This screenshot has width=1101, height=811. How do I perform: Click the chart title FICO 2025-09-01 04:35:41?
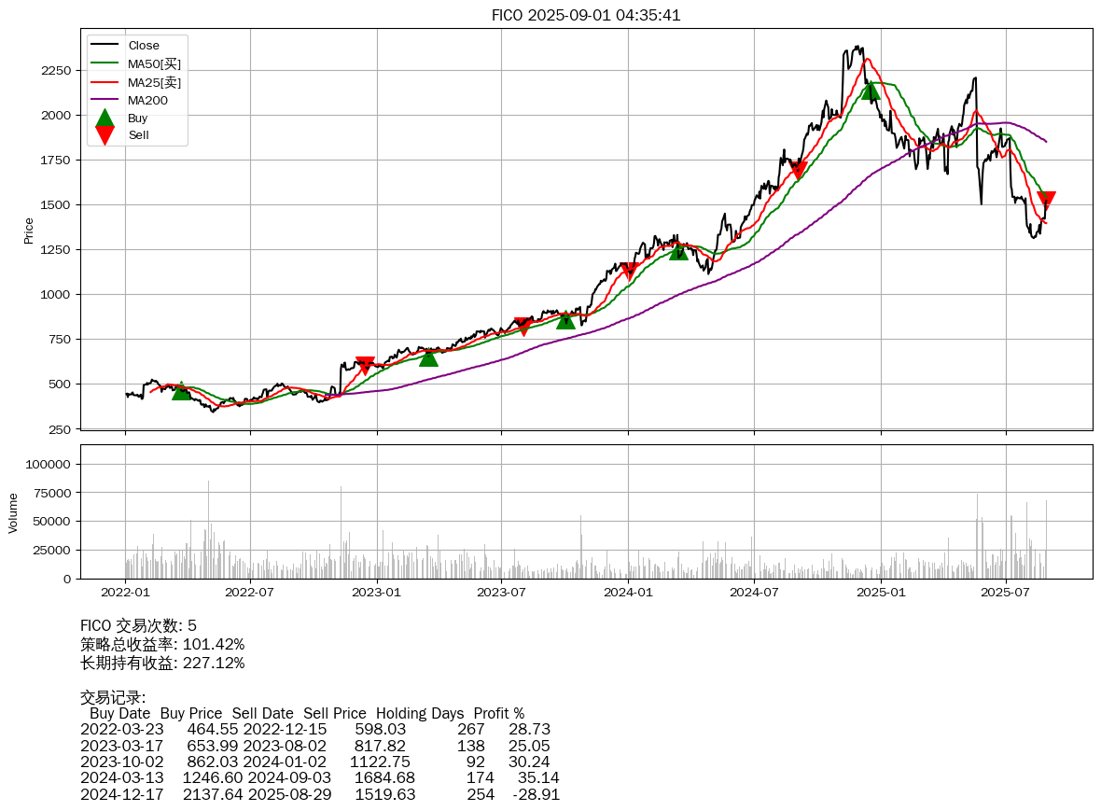(x=586, y=15)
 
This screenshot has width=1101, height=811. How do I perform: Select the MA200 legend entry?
(x=147, y=100)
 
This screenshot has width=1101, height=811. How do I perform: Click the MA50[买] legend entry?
(x=154, y=63)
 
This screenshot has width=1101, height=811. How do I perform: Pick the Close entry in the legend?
(x=144, y=46)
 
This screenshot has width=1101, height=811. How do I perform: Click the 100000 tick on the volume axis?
(x=48, y=464)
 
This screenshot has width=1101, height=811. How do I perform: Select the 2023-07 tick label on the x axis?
(x=503, y=592)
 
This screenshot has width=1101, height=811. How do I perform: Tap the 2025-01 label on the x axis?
(x=881, y=592)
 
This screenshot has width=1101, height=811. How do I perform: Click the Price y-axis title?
(x=28, y=231)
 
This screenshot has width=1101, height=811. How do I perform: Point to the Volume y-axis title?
(x=13, y=512)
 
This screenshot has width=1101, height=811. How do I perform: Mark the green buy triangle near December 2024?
(x=871, y=90)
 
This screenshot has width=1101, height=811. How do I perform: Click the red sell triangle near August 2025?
(x=1046, y=200)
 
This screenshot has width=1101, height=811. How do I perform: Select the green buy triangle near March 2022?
(x=181, y=390)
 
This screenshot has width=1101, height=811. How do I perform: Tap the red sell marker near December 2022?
(x=365, y=365)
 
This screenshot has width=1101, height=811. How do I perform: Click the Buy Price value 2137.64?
(x=209, y=794)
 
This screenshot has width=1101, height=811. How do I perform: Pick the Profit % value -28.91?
(x=536, y=794)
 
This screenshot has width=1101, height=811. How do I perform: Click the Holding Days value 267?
(x=471, y=729)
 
